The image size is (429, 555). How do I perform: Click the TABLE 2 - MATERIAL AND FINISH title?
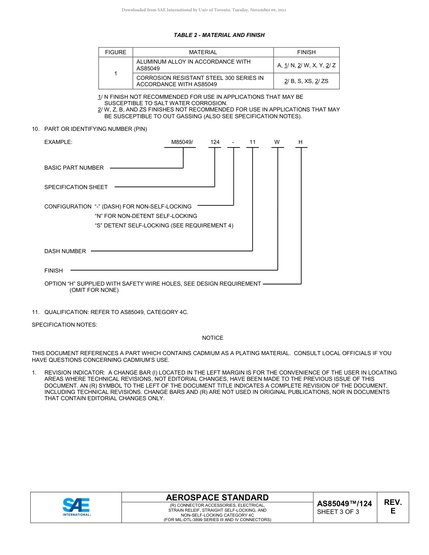click(219, 35)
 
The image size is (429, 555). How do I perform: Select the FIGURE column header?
click(116, 52)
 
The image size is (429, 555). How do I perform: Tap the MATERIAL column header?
click(203, 52)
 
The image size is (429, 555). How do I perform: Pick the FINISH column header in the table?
click(306, 52)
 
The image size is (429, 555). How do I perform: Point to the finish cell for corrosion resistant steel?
click(306, 81)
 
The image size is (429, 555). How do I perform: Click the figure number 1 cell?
click(116, 73)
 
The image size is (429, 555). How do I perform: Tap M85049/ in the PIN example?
click(182, 142)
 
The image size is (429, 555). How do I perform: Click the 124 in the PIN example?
click(215, 142)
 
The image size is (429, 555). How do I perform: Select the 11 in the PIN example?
click(252, 142)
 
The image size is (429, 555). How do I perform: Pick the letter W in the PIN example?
click(277, 142)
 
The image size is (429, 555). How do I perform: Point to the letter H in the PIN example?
click(300, 142)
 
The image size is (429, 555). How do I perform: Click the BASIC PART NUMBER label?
click(74, 168)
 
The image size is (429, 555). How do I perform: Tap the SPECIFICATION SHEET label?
click(76, 187)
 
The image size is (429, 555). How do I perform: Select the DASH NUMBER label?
click(65, 251)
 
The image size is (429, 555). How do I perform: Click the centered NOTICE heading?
click(213, 338)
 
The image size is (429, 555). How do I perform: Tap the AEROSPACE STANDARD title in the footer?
click(217, 497)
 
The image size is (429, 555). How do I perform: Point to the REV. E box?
click(392, 507)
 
